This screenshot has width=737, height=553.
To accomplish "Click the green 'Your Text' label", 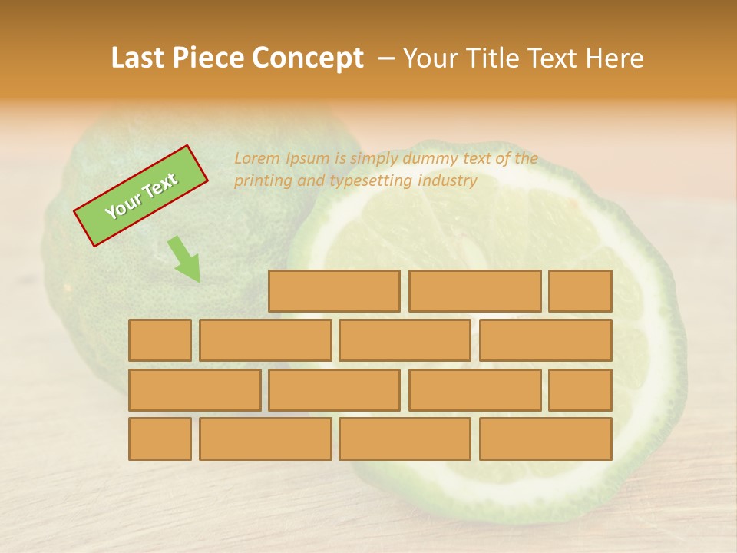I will pos(140,196).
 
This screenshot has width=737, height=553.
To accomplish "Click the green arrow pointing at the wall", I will pos(185,259).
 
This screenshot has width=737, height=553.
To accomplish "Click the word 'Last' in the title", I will pos(137,58).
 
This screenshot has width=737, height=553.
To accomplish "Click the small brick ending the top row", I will pos(580,291).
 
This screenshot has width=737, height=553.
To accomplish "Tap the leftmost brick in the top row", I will pos(334,291).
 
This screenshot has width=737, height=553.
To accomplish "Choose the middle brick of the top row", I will pos(474,291).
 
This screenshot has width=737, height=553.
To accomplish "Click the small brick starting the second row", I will pos(160,340).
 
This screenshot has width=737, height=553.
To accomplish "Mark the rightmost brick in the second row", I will pos(545,340).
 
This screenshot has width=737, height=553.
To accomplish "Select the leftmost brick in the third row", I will pos(194,390).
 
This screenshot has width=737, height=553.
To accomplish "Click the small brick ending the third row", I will pos(580,390).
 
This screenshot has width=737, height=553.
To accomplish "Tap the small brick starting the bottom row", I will pos(160,439).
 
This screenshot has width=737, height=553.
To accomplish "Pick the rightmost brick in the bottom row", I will pos(545,439).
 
